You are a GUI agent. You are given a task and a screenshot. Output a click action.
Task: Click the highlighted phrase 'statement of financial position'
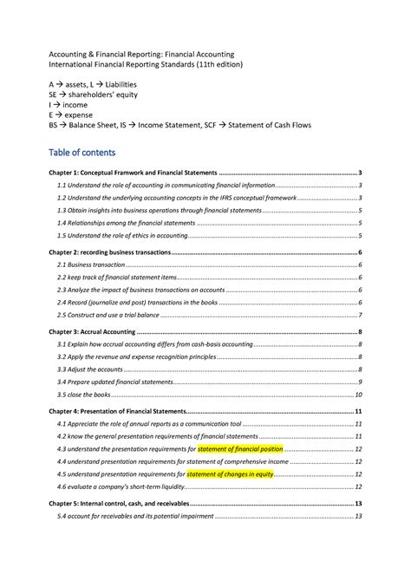coord(240,449)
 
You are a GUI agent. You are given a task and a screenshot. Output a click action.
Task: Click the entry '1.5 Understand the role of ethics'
coord(121,235)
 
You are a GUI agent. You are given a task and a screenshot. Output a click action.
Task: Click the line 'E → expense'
coord(70,114)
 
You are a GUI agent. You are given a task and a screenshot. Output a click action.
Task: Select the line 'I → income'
coord(68,104)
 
